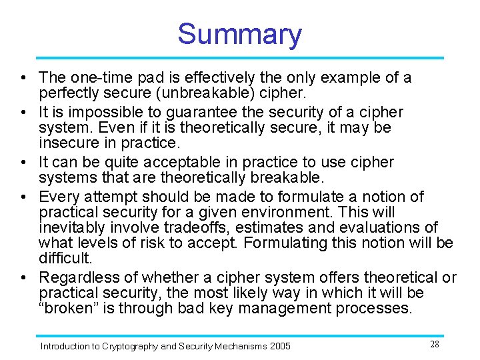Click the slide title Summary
click(x=239, y=34)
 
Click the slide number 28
click(x=434, y=344)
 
